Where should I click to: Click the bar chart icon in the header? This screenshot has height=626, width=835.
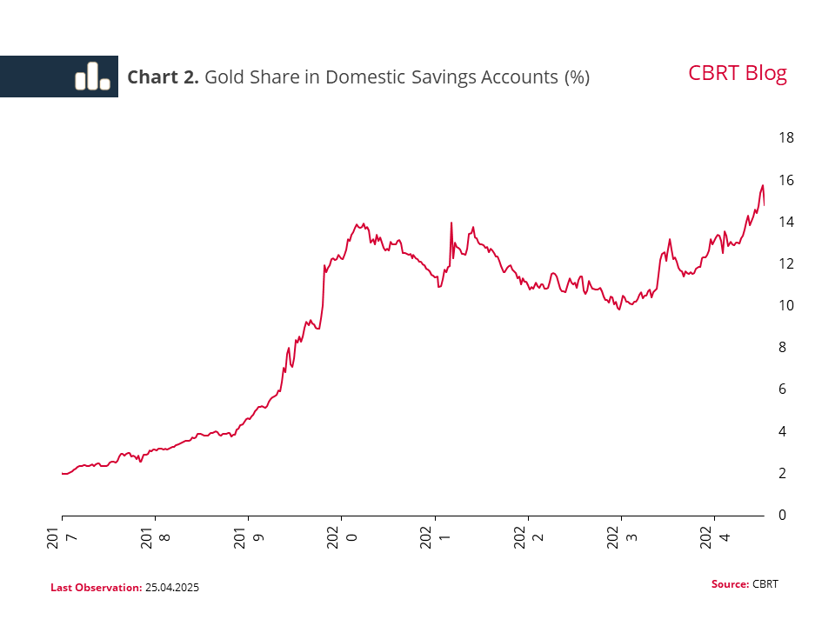pos(92,77)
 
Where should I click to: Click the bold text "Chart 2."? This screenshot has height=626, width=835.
pos(163,77)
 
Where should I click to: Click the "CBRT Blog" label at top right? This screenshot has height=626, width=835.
pos(737,73)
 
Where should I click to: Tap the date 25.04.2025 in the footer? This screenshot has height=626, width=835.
pos(172,588)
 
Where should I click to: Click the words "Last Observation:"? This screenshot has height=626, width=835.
pos(96,588)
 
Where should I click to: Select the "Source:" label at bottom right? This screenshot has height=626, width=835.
pos(730,583)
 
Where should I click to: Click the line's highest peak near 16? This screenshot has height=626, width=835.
pos(762,185)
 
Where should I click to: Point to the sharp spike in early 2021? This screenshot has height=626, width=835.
pos(451,223)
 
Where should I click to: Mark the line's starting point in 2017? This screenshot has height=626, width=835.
pos(63,473)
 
